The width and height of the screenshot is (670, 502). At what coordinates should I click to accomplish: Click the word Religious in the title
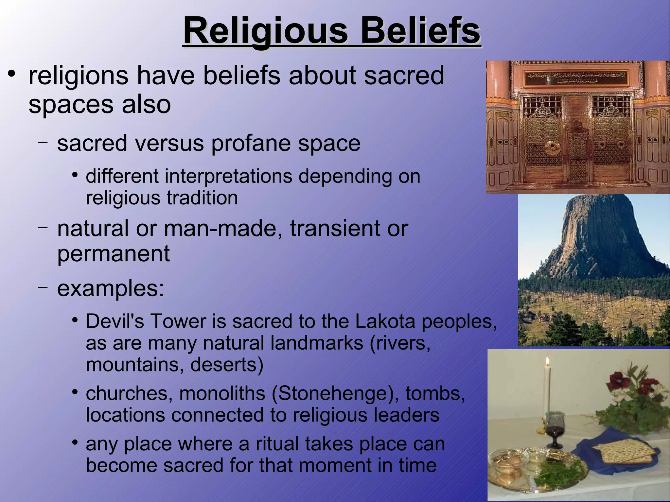pyautogui.click(x=265, y=31)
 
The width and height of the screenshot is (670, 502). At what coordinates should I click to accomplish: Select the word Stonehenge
pyautogui.click(x=334, y=393)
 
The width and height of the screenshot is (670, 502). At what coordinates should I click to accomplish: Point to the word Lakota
pyautogui.click(x=385, y=321)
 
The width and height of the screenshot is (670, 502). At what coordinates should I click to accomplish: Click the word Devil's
pyautogui.click(x=115, y=321)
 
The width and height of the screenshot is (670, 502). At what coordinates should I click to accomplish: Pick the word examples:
pyautogui.click(x=110, y=288)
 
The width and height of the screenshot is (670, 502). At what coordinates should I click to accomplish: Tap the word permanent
pyautogui.click(x=113, y=253)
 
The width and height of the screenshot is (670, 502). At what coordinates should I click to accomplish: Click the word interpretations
pyautogui.click(x=228, y=176)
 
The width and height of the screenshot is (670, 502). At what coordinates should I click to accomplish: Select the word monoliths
pyautogui.click(x=222, y=393)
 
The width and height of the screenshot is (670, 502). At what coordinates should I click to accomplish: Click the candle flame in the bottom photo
pyautogui.click(x=547, y=361)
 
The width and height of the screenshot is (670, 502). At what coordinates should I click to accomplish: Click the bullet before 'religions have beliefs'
pyautogui.click(x=12, y=74)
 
